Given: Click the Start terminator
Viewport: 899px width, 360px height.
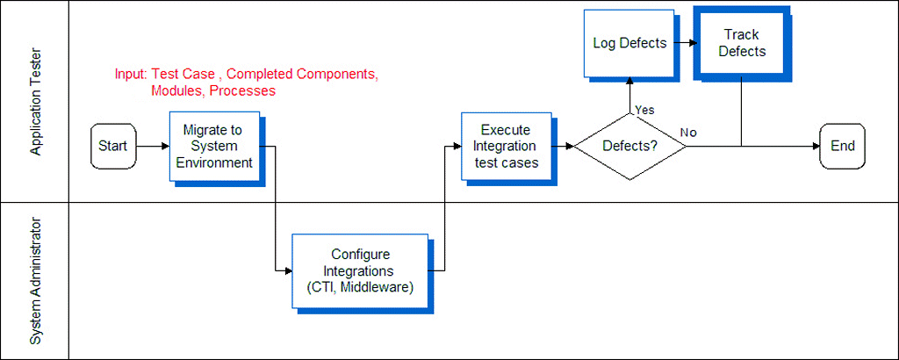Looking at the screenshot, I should [x=112, y=146].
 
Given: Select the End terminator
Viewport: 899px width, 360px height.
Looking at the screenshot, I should [x=842, y=146].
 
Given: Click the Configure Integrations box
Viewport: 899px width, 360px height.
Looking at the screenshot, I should [x=361, y=270].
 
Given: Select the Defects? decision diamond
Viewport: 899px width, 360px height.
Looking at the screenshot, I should [x=629, y=146].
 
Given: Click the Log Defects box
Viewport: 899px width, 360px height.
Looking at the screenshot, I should [x=629, y=43].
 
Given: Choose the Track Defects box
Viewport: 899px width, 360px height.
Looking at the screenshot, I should [x=742, y=43].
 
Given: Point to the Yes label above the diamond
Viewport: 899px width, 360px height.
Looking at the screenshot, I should [x=644, y=110].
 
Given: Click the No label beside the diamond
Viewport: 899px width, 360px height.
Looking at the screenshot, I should [x=688, y=133].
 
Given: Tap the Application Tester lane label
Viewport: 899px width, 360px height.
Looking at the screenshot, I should [x=36, y=102].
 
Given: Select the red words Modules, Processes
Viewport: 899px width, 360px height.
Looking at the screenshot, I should [x=213, y=91].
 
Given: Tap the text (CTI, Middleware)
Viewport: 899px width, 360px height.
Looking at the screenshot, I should [x=359, y=286].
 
